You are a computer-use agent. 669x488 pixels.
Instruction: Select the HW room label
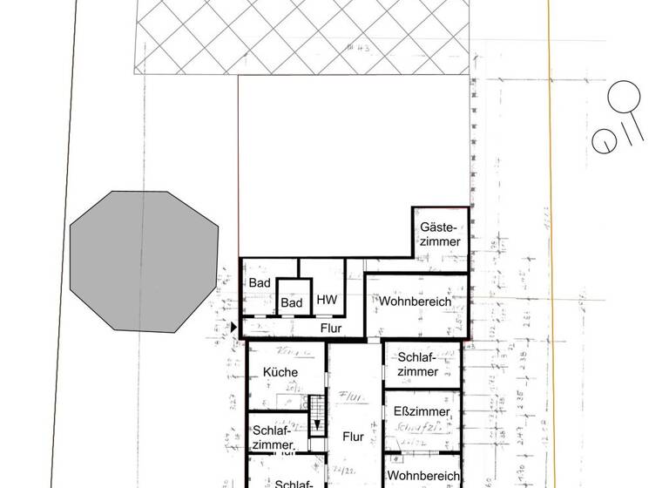click(x=327, y=300)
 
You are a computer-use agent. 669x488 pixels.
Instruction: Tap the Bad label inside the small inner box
click(x=292, y=302)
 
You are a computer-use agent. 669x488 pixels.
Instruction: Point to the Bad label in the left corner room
click(x=259, y=283)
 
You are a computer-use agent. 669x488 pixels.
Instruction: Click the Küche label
click(x=280, y=372)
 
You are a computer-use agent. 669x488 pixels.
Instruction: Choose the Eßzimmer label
click(x=422, y=411)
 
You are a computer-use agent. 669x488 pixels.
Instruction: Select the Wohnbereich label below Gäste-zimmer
click(x=415, y=301)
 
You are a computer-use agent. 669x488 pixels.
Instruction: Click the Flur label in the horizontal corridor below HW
click(x=330, y=329)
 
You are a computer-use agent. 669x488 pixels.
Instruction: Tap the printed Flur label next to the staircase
click(x=353, y=437)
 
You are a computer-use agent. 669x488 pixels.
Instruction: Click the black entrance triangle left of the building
click(x=233, y=327)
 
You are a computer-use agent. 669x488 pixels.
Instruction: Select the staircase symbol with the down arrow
click(x=317, y=414)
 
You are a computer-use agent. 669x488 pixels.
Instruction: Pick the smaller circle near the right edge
click(x=603, y=141)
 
